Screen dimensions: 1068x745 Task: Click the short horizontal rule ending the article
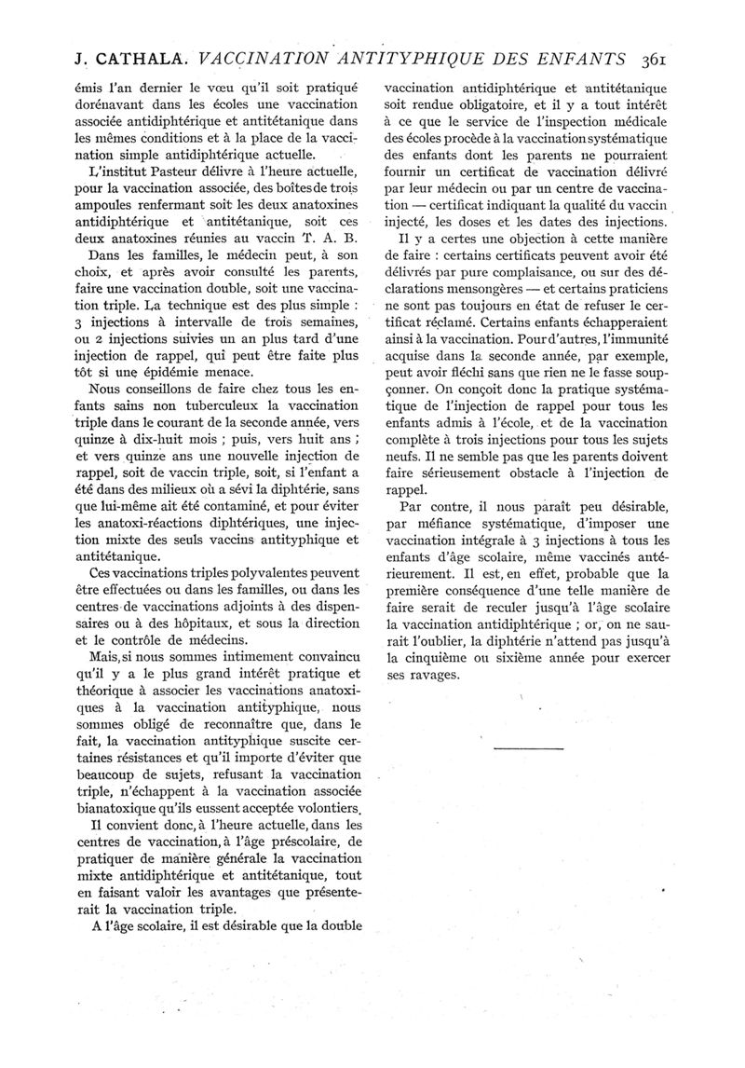[x=530, y=748]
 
